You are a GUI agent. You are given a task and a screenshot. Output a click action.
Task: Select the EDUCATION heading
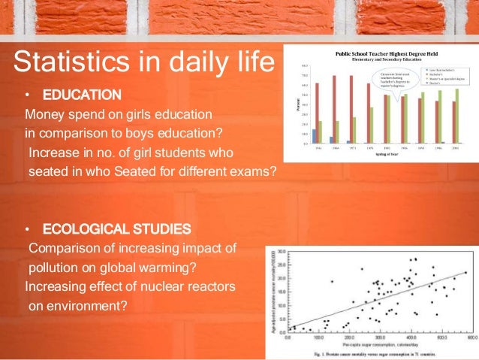[81, 95]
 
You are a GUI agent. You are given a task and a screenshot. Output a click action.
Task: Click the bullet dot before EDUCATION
[26, 96]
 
